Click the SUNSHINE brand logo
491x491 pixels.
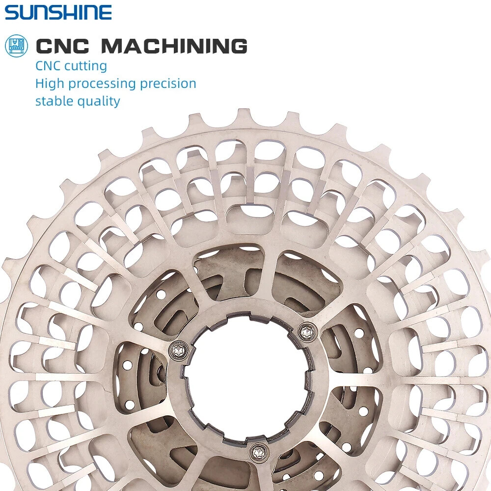pos(58,13)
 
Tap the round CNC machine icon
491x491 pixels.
pos(16,46)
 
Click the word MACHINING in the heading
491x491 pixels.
pos(174,46)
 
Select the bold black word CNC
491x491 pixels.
pos(62,46)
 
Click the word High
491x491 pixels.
pos(50,83)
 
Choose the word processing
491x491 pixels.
pos(103,84)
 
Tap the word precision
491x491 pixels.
pos(168,83)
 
